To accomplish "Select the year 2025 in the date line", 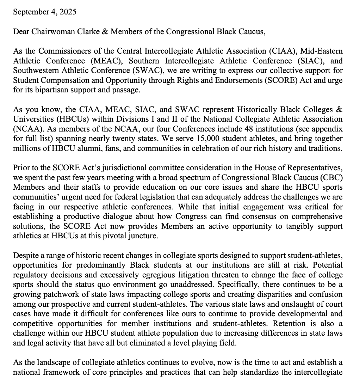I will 67,12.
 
